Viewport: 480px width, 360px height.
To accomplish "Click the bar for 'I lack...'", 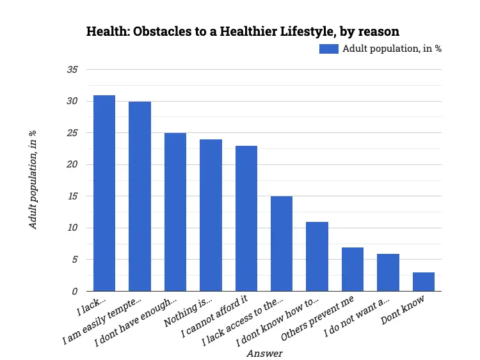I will click(x=104, y=193).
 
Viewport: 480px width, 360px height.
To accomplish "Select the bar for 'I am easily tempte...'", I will click(x=140, y=196).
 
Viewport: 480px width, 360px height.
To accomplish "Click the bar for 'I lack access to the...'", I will click(x=282, y=244).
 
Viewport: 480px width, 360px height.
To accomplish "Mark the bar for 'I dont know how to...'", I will click(x=317, y=256).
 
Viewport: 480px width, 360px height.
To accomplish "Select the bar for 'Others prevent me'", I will click(x=353, y=269).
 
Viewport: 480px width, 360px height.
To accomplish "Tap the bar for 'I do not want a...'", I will click(x=388, y=272).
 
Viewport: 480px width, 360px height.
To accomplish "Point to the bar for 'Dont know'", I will click(x=423, y=282).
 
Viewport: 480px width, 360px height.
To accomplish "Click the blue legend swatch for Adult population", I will click(x=328, y=49).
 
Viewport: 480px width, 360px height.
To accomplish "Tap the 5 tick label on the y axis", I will click(x=75, y=260).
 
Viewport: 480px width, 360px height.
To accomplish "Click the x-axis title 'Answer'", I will click(x=264, y=352).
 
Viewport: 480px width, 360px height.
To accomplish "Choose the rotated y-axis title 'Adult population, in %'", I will click(x=33, y=180).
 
